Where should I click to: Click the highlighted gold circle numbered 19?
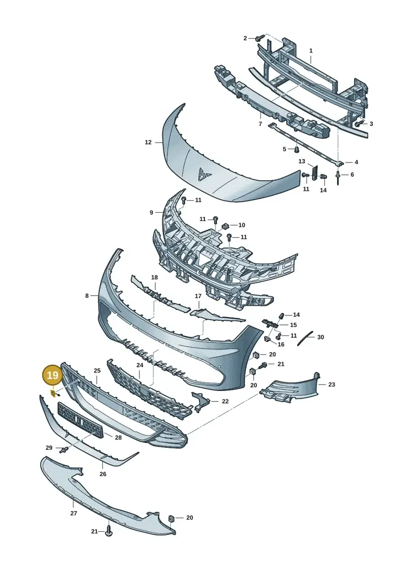click(52, 375)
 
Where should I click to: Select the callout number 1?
click(311, 51)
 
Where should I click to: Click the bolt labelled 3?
click(358, 123)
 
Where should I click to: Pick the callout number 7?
click(261, 124)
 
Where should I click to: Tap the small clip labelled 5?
click(297, 149)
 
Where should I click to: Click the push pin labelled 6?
click(338, 177)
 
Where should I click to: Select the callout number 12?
click(148, 142)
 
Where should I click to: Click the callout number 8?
click(87, 296)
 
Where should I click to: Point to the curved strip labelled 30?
click(305, 338)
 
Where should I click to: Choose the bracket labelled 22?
click(201, 402)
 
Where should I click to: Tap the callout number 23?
click(331, 385)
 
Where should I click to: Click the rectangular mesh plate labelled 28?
click(81, 421)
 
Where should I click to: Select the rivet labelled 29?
click(65, 450)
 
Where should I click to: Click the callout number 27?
click(73, 513)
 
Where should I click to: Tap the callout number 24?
click(140, 365)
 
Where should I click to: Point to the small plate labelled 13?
click(314, 172)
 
